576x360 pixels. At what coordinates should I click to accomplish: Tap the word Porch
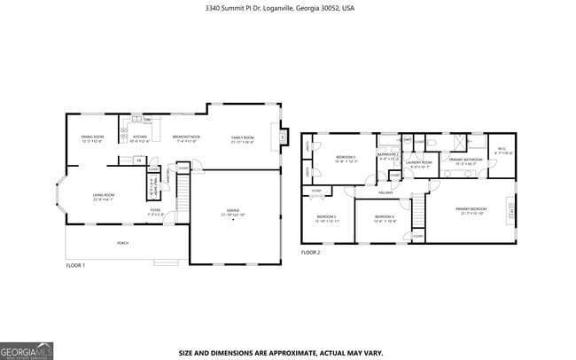point(122,242)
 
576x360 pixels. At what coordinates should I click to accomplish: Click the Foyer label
point(154,211)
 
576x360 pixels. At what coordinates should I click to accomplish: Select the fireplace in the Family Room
point(283,138)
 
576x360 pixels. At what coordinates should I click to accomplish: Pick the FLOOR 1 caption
point(75,265)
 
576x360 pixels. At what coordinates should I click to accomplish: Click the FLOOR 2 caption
point(310,253)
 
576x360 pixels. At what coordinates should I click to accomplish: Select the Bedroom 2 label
point(388,157)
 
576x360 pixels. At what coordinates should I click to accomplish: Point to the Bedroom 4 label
point(385,218)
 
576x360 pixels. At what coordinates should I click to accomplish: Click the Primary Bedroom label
point(472,211)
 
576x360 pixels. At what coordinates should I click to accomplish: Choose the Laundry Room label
point(419,164)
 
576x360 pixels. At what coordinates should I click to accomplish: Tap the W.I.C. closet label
point(501,151)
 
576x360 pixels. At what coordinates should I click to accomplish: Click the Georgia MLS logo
point(27,349)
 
